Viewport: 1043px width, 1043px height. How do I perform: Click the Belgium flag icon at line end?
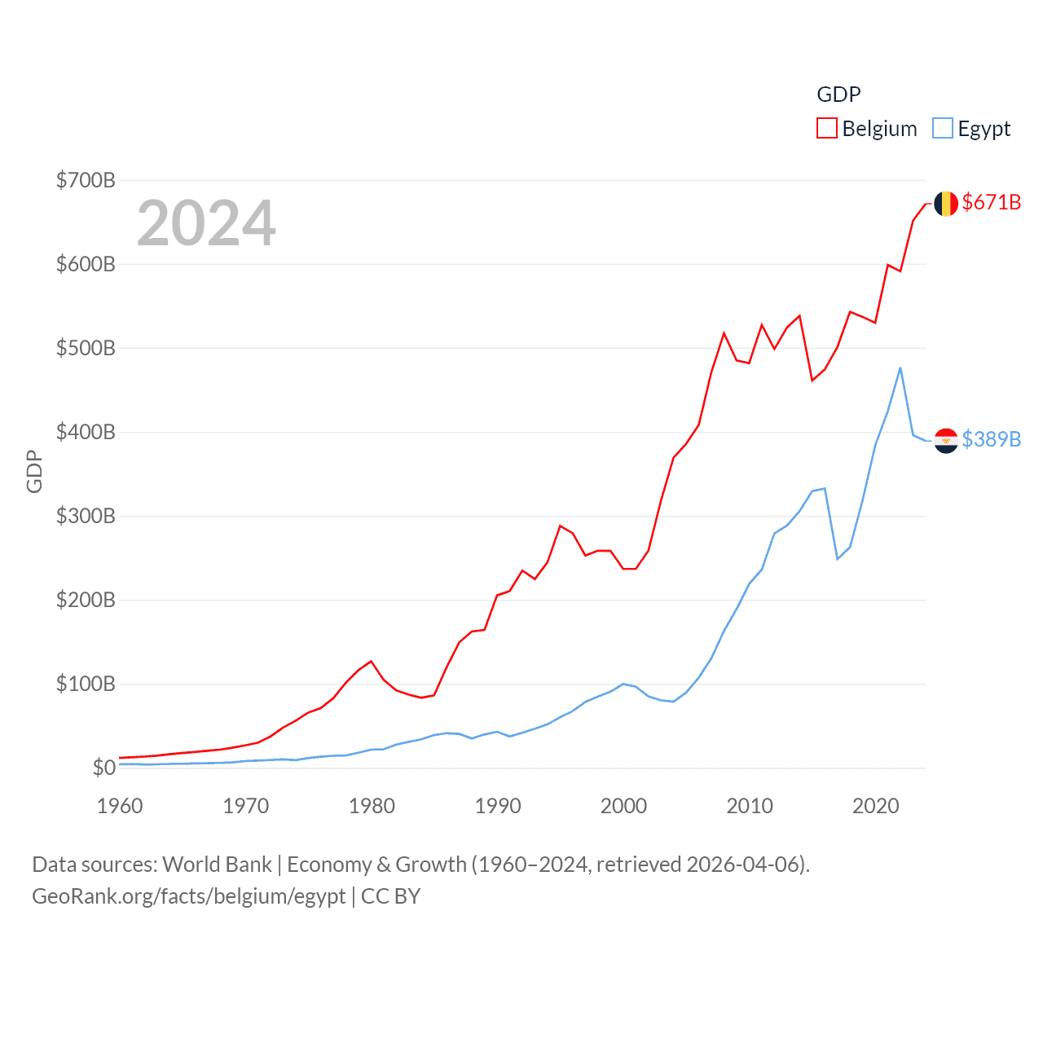pos(945,204)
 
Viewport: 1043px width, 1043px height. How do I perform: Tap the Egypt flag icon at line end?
pos(945,440)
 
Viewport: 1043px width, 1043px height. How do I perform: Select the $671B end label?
pos(991,202)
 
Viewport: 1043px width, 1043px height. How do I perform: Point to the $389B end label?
pos(991,439)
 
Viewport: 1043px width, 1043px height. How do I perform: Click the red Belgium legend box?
pos(827,129)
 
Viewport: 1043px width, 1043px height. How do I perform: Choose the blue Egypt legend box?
pos(943,129)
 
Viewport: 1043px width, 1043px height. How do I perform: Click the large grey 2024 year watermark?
pos(206,223)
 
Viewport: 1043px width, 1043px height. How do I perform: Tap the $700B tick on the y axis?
pos(86,180)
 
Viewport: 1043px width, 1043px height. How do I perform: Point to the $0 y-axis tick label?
pos(103,768)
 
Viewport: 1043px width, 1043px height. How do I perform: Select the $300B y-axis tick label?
pos(86,516)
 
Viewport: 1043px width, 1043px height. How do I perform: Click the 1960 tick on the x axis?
pos(120,806)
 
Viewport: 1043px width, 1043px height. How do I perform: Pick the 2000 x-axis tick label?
pos(623,806)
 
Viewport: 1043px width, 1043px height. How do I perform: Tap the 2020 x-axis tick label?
pos(875,806)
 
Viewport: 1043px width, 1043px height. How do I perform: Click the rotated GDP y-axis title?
pos(34,471)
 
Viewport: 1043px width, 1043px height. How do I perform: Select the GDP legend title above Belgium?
pos(838,95)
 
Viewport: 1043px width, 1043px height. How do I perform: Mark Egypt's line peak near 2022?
pos(900,368)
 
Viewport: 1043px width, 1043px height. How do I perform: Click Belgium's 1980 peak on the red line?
pos(371,661)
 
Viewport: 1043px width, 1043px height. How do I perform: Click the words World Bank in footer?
pos(217,865)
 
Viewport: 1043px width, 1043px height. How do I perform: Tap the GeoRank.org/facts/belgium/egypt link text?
pos(189,896)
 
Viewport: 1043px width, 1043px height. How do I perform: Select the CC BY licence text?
pos(390,896)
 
